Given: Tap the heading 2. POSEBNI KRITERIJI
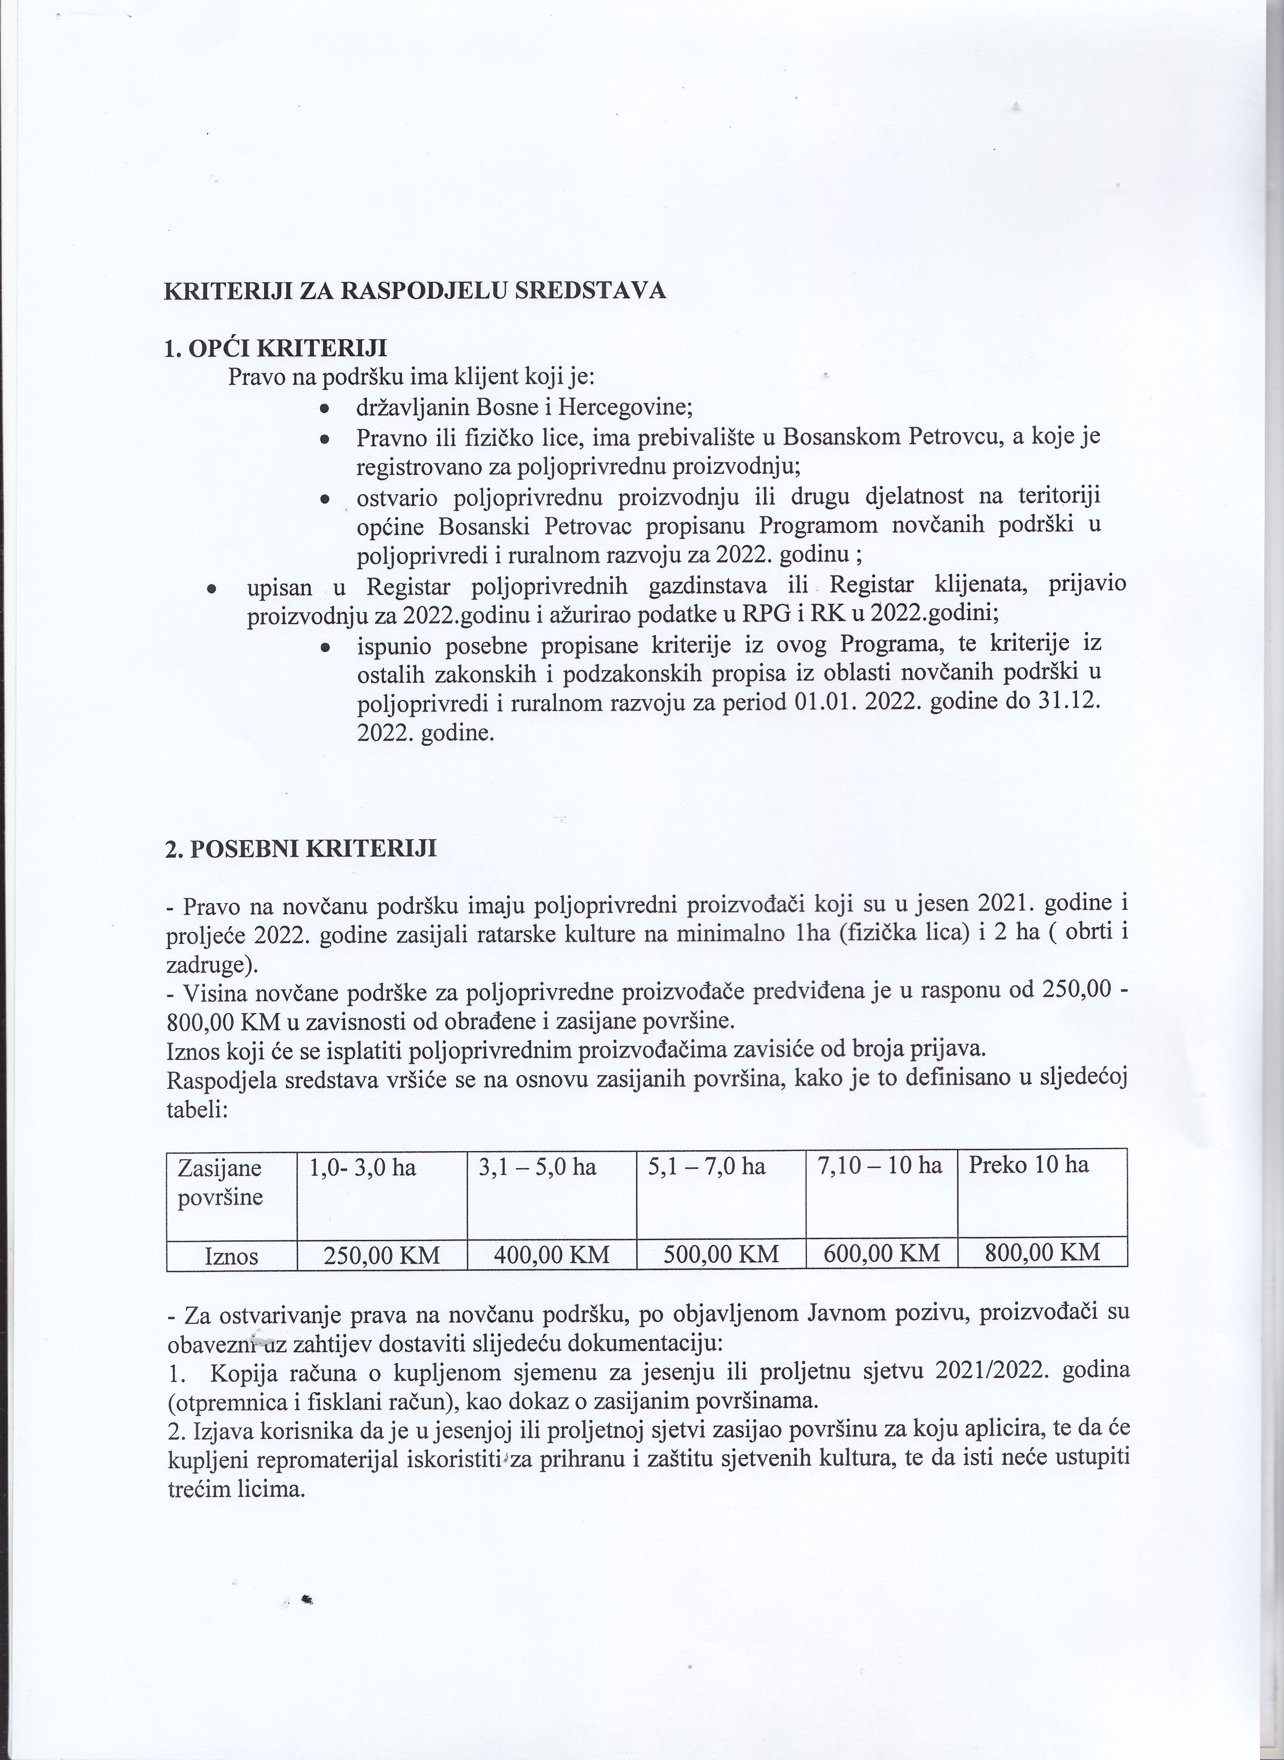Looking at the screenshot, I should click(x=301, y=848).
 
